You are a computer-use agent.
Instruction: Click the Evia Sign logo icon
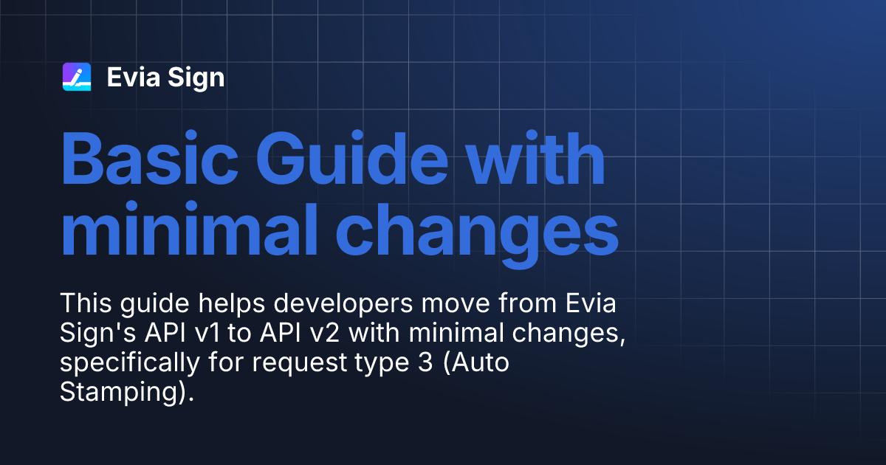77,77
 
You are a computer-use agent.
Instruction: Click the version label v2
323,334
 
